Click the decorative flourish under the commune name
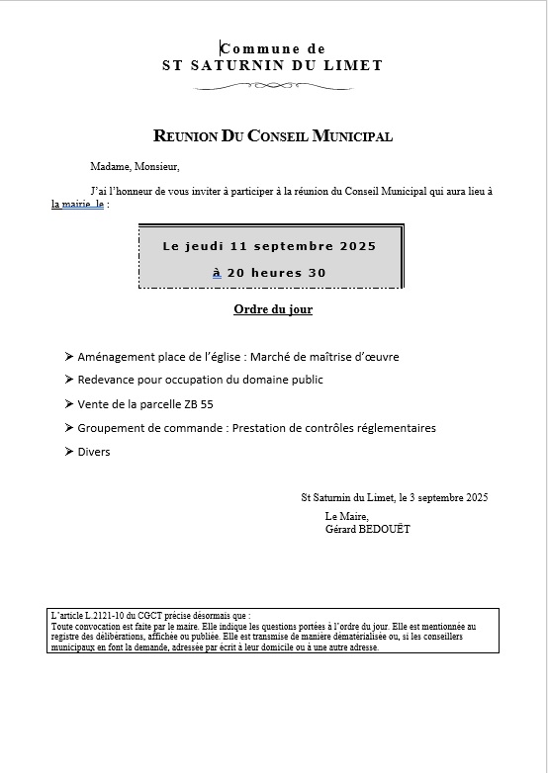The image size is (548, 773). pos(273,86)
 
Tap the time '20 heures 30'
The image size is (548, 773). pos(277,273)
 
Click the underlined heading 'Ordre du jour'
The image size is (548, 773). pos(273,309)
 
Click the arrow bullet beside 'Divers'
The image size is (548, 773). pos(68,452)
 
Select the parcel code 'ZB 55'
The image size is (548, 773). pos(198,404)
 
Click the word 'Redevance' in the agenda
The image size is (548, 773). pos(107,380)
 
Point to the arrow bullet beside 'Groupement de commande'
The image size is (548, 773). pos(68,428)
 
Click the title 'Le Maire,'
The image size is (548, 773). pos(346,517)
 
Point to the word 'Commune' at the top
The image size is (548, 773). pos(253,48)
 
